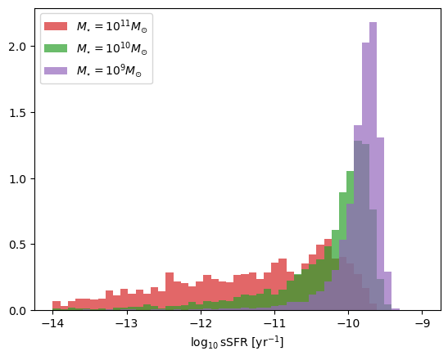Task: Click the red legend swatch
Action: (56, 26)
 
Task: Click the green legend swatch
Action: (56, 48)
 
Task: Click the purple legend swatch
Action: (56, 70)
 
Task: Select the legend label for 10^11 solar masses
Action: (112, 26)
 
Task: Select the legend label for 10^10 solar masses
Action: (112, 48)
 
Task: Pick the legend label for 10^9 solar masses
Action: (109, 70)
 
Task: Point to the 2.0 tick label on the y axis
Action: (18, 47)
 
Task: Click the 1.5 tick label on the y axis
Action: (18, 113)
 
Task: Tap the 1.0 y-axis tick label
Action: (18, 179)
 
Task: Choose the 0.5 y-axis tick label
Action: (18, 245)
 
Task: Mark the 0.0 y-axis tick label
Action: (18, 311)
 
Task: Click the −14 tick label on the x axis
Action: (52, 324)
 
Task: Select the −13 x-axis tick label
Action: (127, 324)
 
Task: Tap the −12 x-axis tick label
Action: (201, 324)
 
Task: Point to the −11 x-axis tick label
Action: (274, 324)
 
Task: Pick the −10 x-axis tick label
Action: (349, 324)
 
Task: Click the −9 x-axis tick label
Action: (423, 324)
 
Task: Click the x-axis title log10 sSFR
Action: (238, 342)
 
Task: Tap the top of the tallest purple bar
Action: (373, 22)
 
